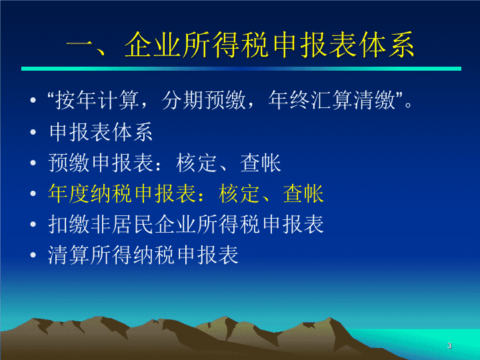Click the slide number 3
click(449, 345)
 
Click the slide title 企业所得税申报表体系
click(269, 45)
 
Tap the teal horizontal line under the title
click(241, 69)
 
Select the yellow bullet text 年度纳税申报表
click(122, 193)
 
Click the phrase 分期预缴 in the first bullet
click(203, 100)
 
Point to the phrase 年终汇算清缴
click(331, 100)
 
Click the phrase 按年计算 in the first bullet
click(97, 100)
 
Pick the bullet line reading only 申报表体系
click(101, 132)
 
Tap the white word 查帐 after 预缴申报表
click(261, 163)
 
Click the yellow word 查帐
click(303, 193)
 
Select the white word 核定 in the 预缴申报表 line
click(197, 163)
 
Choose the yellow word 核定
click(239, 193)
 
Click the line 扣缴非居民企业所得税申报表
click(186, 224)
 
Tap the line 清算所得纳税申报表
click(143, 255)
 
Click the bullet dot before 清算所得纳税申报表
click(33, 255)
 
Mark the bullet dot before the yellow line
click(33, 193)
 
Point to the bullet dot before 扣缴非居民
click(33, 225)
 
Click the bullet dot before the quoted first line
click(33, 101)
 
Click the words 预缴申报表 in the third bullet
click(101, 163)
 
